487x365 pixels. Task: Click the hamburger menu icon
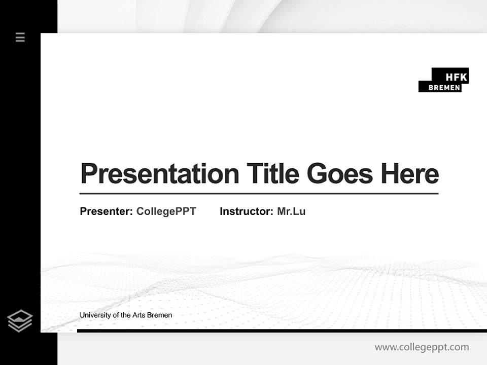[20, 37]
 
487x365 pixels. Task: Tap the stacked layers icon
[20, 321]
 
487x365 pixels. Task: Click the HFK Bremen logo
[443, 80]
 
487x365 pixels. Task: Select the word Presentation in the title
[160, 174]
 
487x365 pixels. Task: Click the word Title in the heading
[273, 173]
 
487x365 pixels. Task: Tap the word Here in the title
[410, 174]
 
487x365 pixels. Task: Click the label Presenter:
[107, 211]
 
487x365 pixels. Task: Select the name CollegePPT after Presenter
[166, 211]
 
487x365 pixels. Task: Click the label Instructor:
[247, 211]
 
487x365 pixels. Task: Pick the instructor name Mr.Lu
[291, 211]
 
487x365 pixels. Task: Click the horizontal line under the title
[259, 193]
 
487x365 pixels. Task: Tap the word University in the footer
[94, 315]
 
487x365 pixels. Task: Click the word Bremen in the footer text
[160, 315]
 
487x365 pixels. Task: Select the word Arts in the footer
[139, 315]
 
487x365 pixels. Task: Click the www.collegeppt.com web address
[422, 347]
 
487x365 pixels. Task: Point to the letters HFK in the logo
[456, 77]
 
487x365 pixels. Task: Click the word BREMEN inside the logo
[444, 88]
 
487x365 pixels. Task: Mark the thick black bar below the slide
[282, 331]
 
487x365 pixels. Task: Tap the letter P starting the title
[89, 174]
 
